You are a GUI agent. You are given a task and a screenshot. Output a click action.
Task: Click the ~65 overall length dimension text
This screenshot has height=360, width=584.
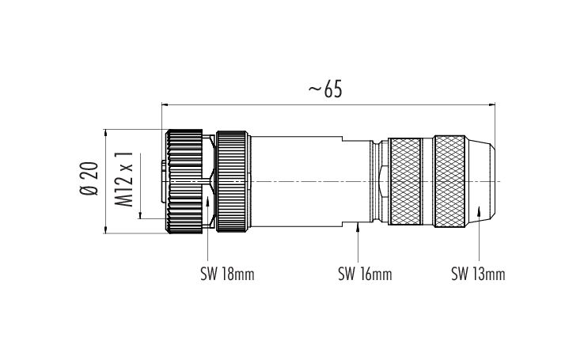coord(325,89)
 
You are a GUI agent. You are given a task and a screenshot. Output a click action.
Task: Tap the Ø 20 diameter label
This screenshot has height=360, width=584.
coord(89,179)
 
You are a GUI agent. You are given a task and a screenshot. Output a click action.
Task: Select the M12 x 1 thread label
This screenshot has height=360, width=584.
coord(123,179)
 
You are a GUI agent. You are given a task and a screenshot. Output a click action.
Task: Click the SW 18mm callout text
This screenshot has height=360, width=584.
coord(227,275)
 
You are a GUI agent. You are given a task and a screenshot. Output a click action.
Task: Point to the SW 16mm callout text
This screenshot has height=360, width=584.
coord(365,275)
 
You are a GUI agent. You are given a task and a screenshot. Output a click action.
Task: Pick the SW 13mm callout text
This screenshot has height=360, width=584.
coord(478,275)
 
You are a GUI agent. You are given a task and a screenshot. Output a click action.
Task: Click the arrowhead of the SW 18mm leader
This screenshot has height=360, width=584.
coord(207,201)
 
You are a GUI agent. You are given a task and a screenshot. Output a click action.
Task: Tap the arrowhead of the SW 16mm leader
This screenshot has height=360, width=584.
coord(358,226)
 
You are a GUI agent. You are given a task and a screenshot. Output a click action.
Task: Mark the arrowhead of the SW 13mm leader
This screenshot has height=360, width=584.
coord(479,211)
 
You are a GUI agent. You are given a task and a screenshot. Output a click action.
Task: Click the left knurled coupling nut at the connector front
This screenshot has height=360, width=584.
coord(184,182)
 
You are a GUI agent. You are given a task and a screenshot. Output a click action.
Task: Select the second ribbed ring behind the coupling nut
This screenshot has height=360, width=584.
coord(233,182)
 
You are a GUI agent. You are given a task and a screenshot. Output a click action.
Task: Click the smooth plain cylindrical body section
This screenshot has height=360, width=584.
coord(297,182)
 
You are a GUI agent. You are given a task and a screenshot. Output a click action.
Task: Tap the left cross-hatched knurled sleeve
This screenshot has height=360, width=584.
coord(405,182)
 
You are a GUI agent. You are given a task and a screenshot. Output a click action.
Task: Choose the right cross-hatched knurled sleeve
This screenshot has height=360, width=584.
coord(449,182)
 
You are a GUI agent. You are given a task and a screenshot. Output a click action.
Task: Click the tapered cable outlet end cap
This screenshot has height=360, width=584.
coord(480,182)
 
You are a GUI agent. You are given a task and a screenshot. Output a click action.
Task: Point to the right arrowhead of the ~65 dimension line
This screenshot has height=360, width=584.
coord(491,104)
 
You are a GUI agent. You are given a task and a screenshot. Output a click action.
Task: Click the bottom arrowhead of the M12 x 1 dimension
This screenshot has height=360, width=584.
coord(140,214)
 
